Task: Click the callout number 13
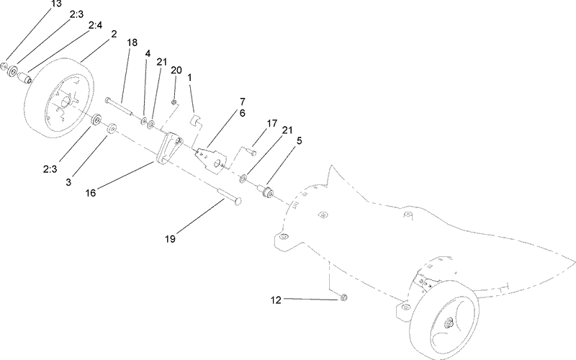click(x=56, y=4)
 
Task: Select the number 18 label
click(x=132, y=44)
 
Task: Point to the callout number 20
click(x=176, y=70)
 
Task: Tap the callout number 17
click(x=271, y=124)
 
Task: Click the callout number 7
click(x=243, y=102)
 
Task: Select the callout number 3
click(x=68, y=184)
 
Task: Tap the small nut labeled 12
click(x=343, y=297)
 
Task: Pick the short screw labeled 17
click(x=248, y=150)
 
